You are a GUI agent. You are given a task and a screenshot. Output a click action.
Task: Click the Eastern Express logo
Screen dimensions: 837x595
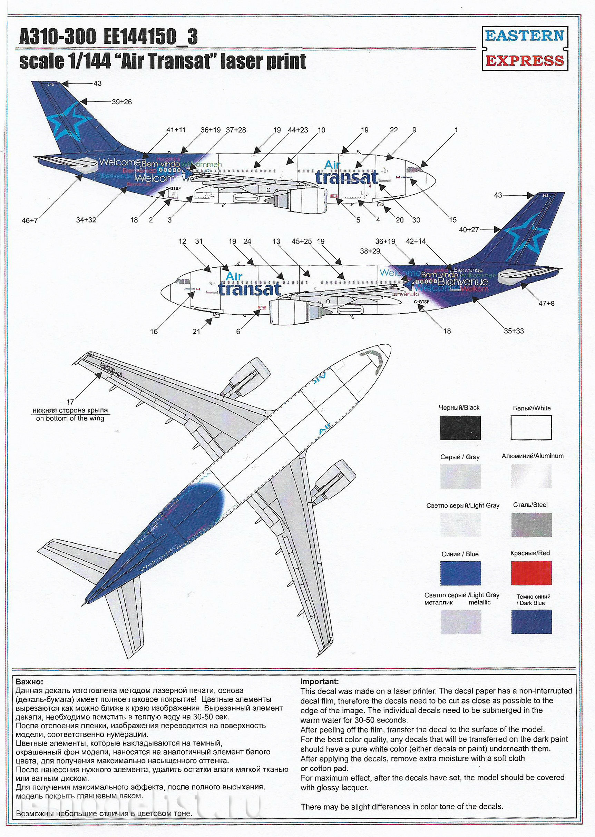click(524, 48)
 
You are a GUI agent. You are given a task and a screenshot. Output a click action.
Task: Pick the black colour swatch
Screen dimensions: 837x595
click(460, 427)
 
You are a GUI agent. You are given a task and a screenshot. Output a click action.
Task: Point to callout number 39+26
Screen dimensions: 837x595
click(121, 102)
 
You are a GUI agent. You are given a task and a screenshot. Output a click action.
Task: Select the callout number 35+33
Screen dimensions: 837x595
click(513, 331)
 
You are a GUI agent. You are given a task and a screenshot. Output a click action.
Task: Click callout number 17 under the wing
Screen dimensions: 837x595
click(70, 402)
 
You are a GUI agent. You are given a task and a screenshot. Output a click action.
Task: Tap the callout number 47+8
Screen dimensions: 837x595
click(546, 303)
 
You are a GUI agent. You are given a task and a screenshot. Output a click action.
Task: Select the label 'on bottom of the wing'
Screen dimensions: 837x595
click(70, 418)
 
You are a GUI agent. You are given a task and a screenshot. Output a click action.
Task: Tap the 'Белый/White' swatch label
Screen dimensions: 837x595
click(531, 408)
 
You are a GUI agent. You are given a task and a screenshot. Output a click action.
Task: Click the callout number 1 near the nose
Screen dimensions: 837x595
click(456, 130)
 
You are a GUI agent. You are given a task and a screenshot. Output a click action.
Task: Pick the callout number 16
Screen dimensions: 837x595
click(154, 332)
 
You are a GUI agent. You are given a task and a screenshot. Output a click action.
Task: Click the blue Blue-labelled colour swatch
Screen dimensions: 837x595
click(460, 573)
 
